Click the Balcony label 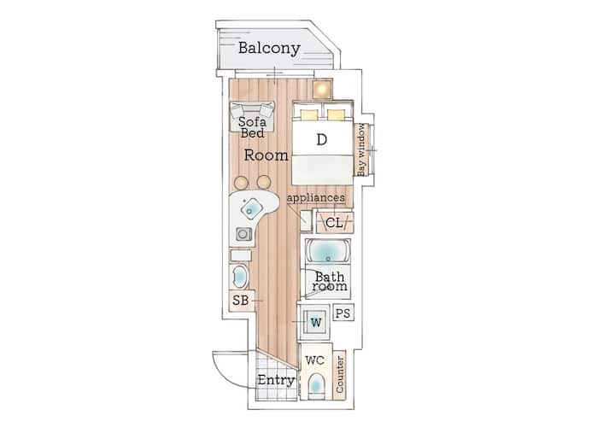tap(269, 48)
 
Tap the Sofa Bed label tap(252, 127)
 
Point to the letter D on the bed tap(322, 139)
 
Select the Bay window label tap(361, 149)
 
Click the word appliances tap(316, 198)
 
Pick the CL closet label tap(334, 223)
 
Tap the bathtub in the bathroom tap(328, 251)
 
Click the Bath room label tap(330, 282)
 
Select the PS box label tap(343, 313)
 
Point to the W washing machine tap(316, 322)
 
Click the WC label tap(315, 360)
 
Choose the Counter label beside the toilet tap(340, 374)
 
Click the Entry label tap(276, 380)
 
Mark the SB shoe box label tap(240, 301)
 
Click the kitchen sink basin tap(251, 208)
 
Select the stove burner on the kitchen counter tap(243, 235)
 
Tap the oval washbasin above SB tap(239, 277)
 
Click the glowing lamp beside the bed tap(322, 89)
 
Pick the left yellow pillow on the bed tap(309, 114)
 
